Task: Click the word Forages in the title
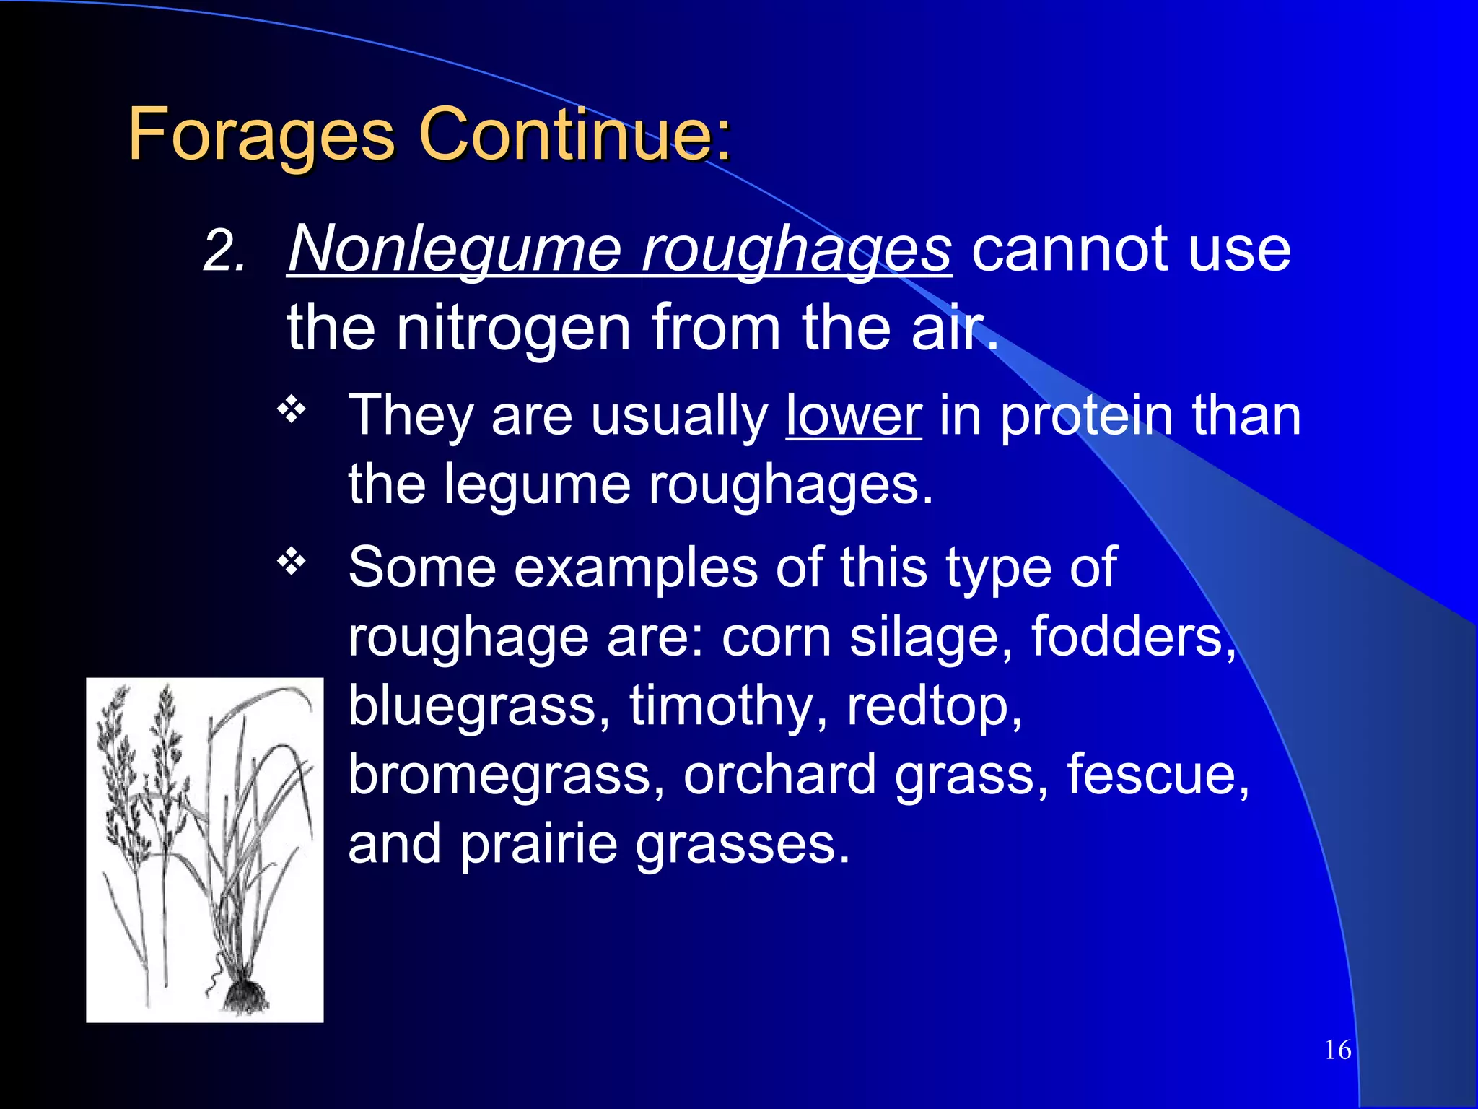(x=261, y=134)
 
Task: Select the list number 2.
(x=224, y=253)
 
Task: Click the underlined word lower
(x=853, y=417)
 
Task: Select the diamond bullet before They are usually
(x=292, y=410)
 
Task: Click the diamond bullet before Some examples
(x=292, y=562)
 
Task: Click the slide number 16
(x=1338, y=1050)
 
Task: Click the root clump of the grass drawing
(x=244, y=996)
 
